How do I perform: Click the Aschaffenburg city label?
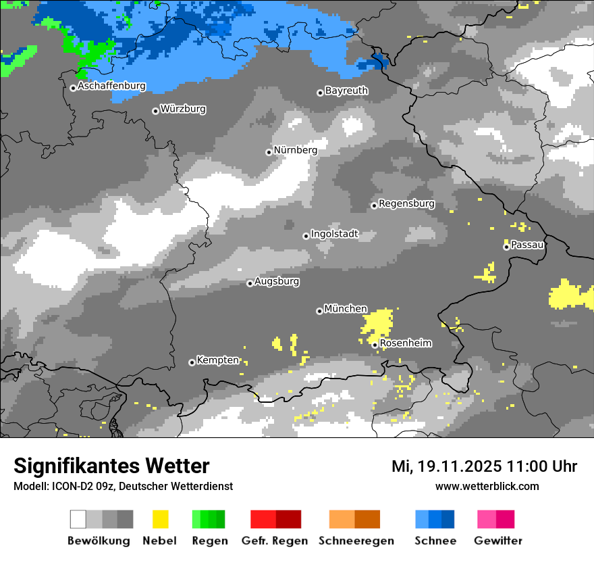click(x=111, y=87)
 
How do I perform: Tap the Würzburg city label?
click(x=183, y=109)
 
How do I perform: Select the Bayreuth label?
click(x=346, y=91)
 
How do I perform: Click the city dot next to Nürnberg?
click(x=269, y=152)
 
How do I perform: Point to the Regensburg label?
click(x=406, y=203)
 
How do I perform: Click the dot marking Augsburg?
click(x=250, y=283)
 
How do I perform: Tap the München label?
click(x=346, y=309)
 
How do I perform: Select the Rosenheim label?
click(x=406, y=343)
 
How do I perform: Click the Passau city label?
click(x=528, y=245)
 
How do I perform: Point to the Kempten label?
click(x=217, y=360)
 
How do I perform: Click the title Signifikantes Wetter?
click(x=111, y=466)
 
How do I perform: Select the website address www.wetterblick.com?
click(x=487, y=486)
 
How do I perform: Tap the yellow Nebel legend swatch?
click(x=160, y=519)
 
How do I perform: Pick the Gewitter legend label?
click(x=497, y=541)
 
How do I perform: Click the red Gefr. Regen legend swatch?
click(x=263, y=519)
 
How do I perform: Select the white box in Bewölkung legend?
click(x=78, y=519)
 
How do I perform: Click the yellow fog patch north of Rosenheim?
click(x=377, y=323)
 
